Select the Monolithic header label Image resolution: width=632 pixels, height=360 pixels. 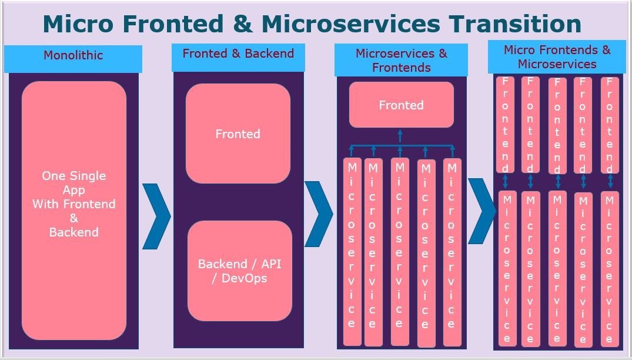[73, 55]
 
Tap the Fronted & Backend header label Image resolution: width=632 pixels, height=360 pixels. [238, 54]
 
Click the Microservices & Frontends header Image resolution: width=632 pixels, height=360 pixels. [401, 60]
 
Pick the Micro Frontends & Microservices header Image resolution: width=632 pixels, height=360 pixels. [557, 56]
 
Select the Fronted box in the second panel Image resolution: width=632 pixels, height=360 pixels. [238, 134]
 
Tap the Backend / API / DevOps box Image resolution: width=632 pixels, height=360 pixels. [239, 271]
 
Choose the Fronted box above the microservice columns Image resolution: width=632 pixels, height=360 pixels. [401, 105]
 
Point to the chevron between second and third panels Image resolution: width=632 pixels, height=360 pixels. [319, 213]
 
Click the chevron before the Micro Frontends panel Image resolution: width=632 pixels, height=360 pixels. [482, 211]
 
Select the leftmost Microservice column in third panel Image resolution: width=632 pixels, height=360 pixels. [352, 252]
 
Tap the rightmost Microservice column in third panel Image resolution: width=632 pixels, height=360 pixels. [452, 252]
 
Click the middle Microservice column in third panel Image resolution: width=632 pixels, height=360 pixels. [399, 252]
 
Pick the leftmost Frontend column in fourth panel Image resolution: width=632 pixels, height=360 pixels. [506, 125]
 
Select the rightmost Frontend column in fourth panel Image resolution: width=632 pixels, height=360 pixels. [610, 125]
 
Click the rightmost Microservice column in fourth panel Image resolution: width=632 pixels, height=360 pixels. [609, 268]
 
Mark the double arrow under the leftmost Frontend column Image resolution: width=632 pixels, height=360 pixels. [506, 181]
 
